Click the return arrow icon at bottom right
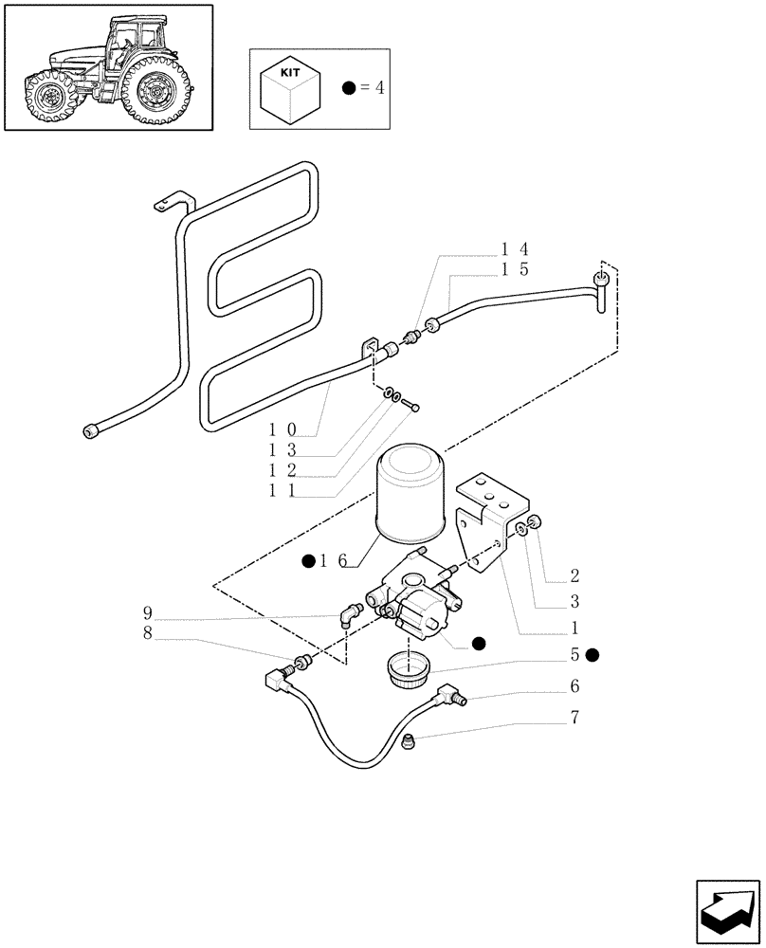(727, 911)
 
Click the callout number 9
(148, 611)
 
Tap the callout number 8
(148, 632)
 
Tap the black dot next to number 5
(593, 655)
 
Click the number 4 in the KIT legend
(379, 88)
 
